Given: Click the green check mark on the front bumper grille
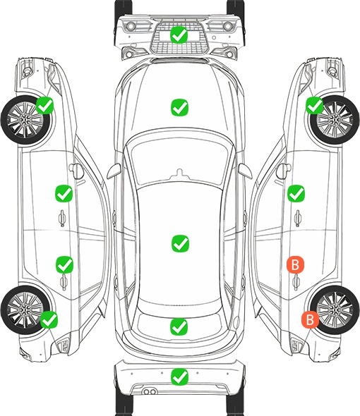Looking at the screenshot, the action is [179, 35].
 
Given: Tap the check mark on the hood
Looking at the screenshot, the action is [179, 107].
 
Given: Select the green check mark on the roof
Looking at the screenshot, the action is [180, 243].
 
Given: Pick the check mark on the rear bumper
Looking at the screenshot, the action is [179, 377].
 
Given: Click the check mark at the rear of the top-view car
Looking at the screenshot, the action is [179, 326].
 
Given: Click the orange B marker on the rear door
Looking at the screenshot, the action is [295, 264].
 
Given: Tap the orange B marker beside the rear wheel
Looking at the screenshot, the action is [310, 319].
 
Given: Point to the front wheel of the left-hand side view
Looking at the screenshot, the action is [25, 120].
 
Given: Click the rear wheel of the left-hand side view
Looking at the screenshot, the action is [25, 310].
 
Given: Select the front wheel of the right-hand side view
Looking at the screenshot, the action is [335, 120].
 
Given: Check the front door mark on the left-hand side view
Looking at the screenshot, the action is [64, 193].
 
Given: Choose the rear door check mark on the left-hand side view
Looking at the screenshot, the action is [64, 264].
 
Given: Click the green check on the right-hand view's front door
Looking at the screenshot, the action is [296, 193].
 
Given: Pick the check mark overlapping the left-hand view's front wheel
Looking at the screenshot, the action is [45, 105].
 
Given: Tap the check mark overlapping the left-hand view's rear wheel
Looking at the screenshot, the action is [49, 319].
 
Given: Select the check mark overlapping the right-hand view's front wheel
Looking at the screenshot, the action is [315, 105].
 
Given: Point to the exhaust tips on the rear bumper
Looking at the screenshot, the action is [149, 392].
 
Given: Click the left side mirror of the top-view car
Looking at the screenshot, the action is [114, 171].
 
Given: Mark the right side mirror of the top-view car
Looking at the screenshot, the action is [244, 171].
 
